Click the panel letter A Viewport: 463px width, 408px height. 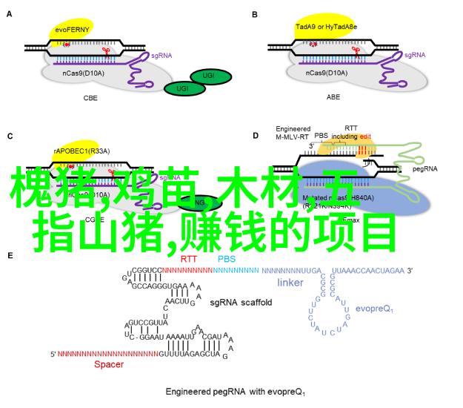tap(10, 13)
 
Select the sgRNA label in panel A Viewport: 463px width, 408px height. tap(161, 55)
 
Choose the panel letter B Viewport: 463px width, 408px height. tap(255, 13)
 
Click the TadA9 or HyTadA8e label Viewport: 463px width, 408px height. tap(326, 27)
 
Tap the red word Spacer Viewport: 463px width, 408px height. tap(109, 364)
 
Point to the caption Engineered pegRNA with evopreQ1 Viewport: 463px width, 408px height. tap(235, 392)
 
